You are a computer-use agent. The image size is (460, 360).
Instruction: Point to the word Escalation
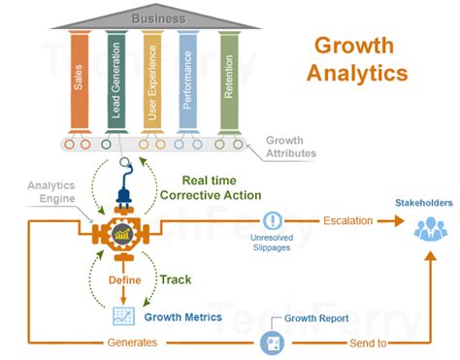(x=347, y=220)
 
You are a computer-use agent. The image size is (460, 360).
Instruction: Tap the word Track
(x=176, y=279)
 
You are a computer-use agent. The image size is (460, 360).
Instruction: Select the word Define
(x=124, y=279)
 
